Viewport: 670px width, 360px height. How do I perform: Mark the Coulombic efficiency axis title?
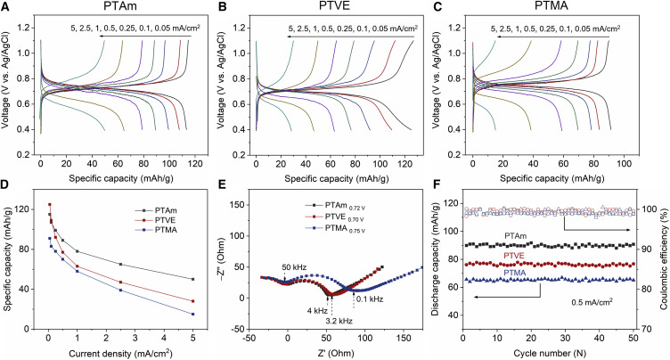(662, 260)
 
